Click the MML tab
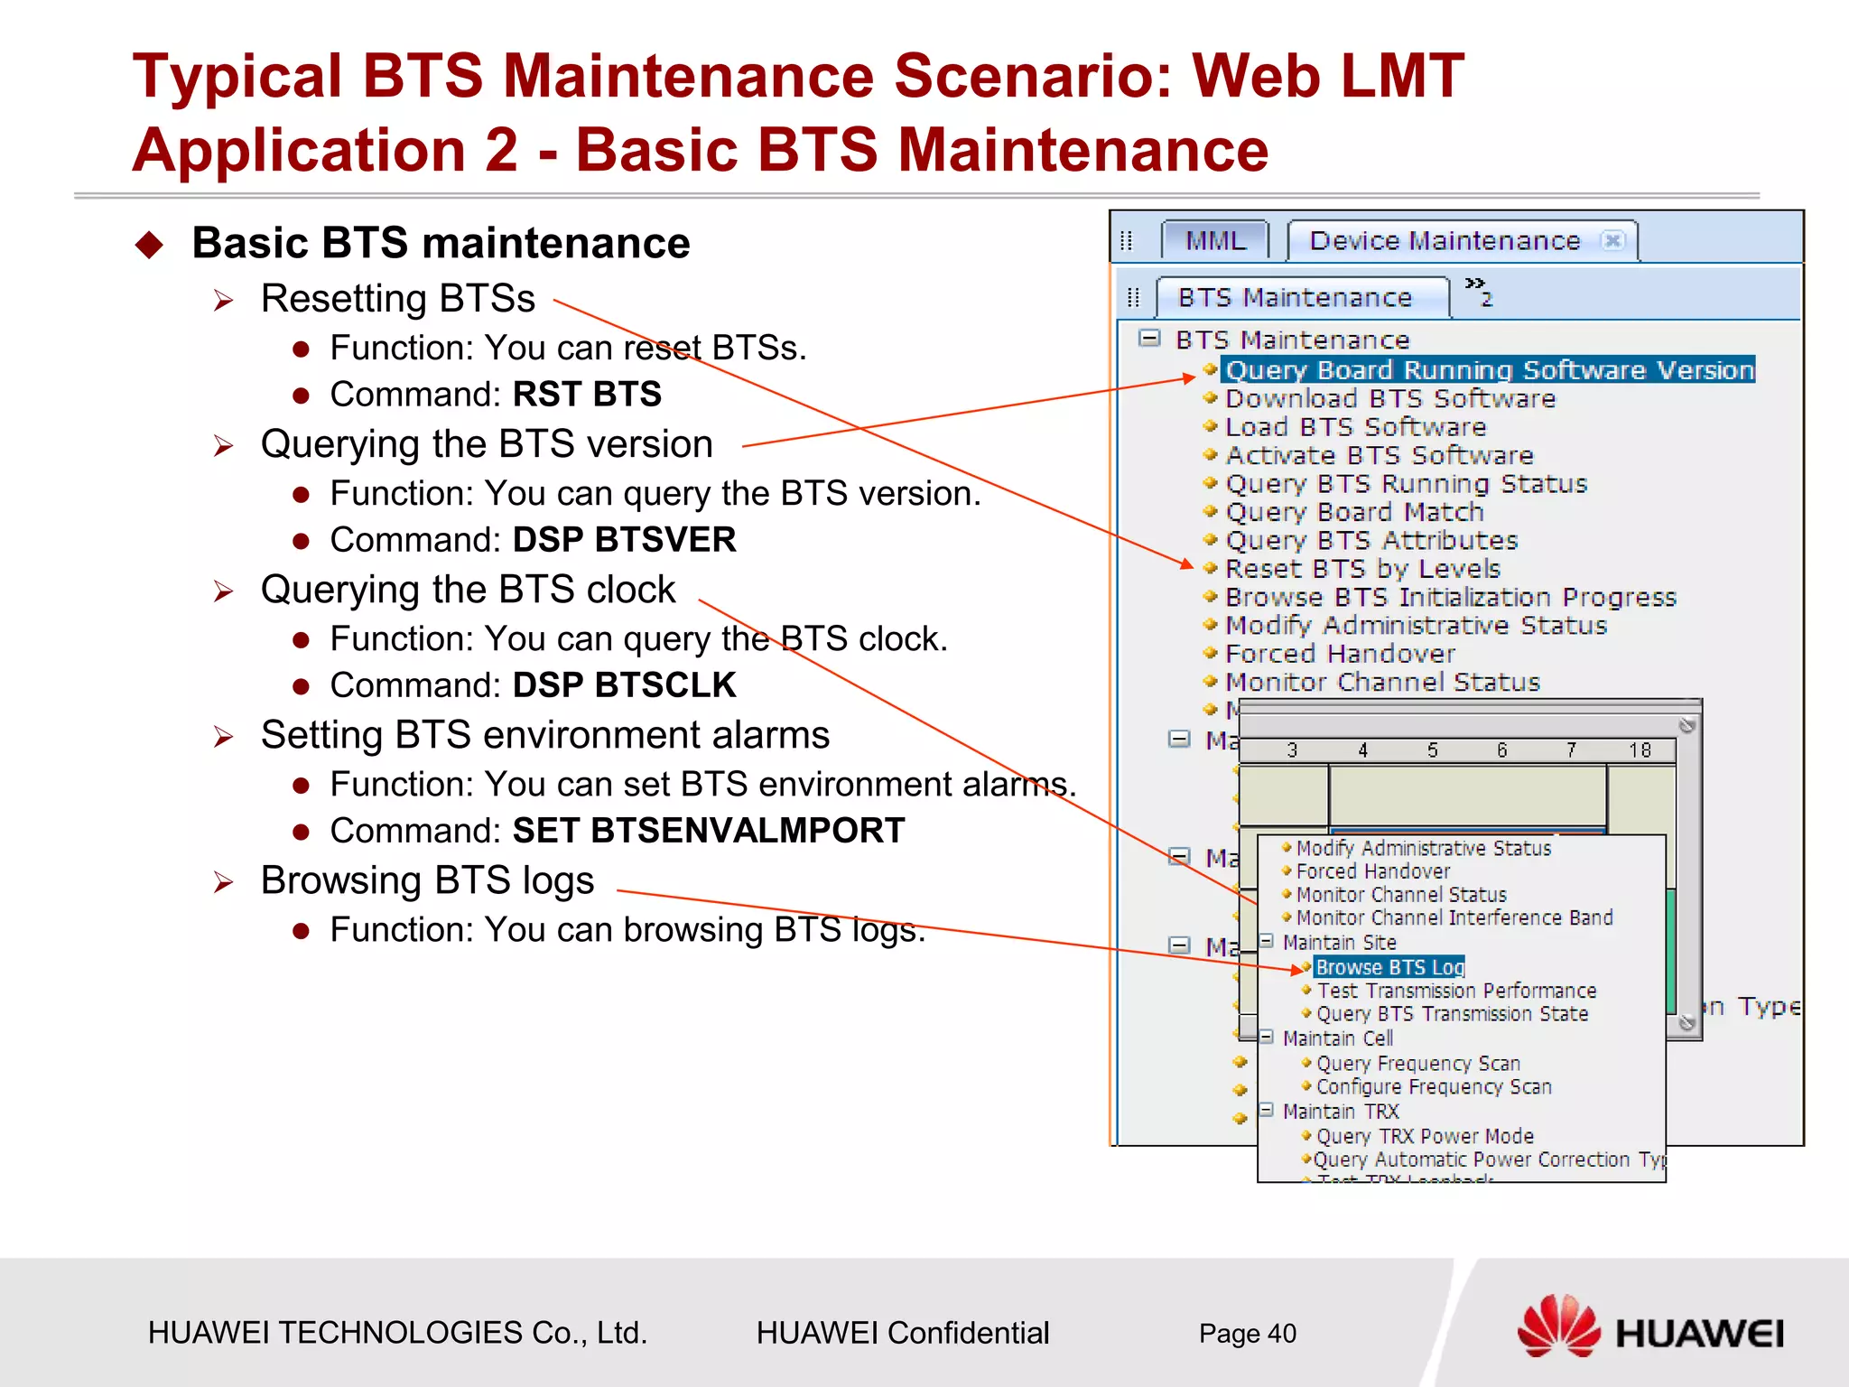1215,241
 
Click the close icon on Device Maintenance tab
1612,240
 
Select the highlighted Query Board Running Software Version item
1488,370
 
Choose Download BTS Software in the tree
1390,399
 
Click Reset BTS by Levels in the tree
1362,569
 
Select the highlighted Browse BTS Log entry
1389,967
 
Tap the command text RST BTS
587,395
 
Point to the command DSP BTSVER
624,540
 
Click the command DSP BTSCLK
624,685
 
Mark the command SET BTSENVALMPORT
708,831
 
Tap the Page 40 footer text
1247,1334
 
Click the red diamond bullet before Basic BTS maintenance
149,245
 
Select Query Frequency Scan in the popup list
1417,1064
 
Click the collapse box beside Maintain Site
1266,942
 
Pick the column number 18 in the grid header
1640,750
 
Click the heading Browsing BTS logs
427,880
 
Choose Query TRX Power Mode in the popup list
1425,1136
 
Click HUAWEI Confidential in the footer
902,1334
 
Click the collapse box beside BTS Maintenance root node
1149,339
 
